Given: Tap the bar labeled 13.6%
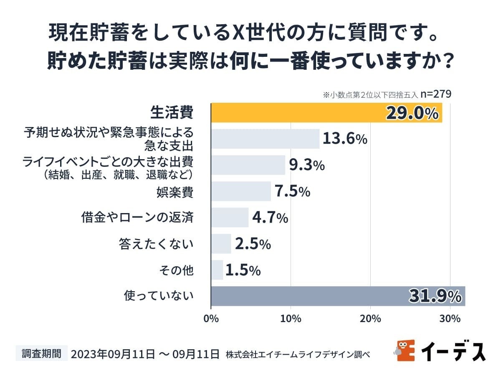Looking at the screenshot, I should [x=265, y=139].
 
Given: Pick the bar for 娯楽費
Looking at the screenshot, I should [x=241, y=191].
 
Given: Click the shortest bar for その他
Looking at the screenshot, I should [x=217, y=270].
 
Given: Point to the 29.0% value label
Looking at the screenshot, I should [x=412, y=113].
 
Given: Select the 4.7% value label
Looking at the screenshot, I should [x=270, y=218].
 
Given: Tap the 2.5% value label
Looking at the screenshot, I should [x=253, y=244].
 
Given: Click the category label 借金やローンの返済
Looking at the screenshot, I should [x=137, y=218].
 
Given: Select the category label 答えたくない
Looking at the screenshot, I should [x=156, y=244].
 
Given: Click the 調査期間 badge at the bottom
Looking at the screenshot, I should [x=41, y=353].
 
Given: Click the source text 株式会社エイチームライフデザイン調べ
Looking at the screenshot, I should [x=298, y=354].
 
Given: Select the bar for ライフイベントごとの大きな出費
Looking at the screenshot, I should [x=248, y=165].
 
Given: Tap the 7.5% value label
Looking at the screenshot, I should [x=292, y=191].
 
